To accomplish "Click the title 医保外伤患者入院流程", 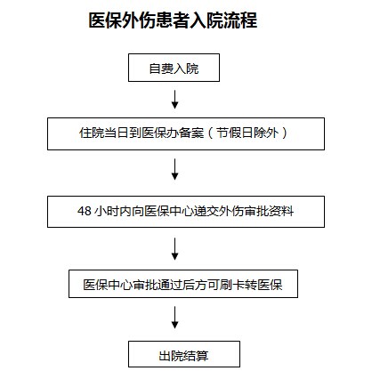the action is (173, 20).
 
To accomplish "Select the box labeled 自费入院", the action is (174, 68).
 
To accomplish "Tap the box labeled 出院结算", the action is (184, 354).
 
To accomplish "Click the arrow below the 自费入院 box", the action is (174, 100).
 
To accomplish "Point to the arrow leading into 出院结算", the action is (174, 318).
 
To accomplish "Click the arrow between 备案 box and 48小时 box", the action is (174, 169).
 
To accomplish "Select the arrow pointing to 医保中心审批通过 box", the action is (174, 249).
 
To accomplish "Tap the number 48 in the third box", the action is (85, 211).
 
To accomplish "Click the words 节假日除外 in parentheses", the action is (247, 133).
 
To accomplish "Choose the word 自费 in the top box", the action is (161, 69).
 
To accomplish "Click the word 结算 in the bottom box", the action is (196, 356).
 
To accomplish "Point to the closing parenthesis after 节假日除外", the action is (285, 133).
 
